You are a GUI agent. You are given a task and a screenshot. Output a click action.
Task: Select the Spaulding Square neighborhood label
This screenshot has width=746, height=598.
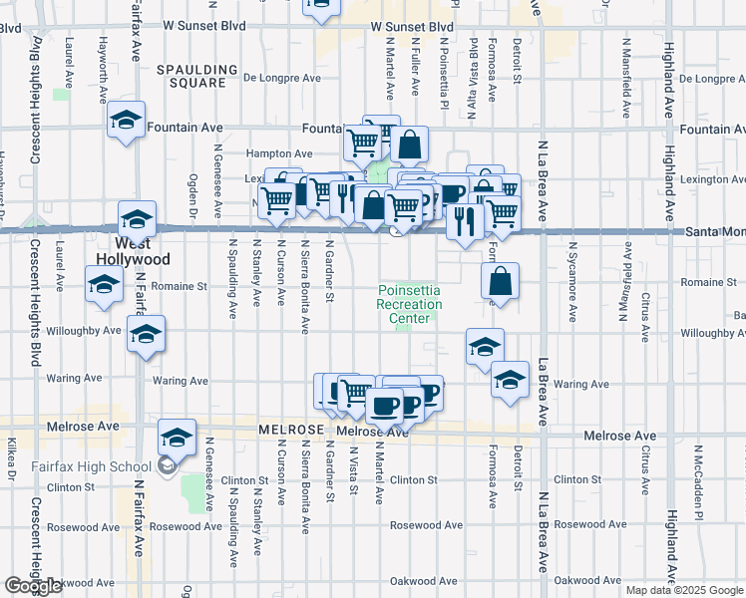pyautogui.click(x=197, y=77)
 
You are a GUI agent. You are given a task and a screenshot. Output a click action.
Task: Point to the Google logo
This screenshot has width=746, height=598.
pyautogui.click(x=33, y=586)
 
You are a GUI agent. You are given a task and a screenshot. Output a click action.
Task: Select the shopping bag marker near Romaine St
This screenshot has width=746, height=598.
pyautogui.click(x=501, y=282)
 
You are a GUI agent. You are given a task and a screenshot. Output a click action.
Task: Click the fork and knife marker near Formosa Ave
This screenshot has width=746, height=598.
pyautogui.click(x=463, y=219)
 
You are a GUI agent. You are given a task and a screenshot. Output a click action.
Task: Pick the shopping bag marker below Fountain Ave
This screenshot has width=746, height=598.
pyautogui.click(x=409, y=146)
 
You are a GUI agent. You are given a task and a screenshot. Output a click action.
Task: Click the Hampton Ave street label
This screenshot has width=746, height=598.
pyautogui.click(x=280, y=153)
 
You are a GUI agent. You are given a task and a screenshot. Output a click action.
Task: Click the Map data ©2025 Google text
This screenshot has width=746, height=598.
pyautogui.click(x=684, y=590)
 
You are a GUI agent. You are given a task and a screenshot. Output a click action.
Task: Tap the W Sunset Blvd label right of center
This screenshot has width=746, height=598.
pyautogui.click(x=412, y=28)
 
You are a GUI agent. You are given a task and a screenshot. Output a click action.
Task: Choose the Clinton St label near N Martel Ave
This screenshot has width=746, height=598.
pyautogui.click(x=414, y=480)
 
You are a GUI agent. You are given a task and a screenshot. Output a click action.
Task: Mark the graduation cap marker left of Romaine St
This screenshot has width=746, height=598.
pyautogui.click(x=104, y=286)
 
